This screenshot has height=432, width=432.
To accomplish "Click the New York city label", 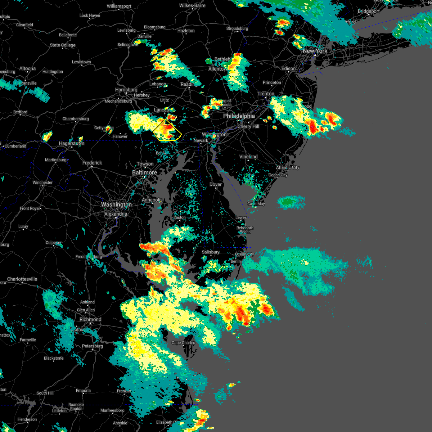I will pyautogui.click(x=315, y=51).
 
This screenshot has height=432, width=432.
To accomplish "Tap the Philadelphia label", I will pyautogui.click(x=239, y=116).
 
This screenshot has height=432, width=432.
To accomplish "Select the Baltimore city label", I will pyautogui.click(x=144, y=172).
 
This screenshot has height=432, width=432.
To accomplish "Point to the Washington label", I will pyautogui.click(x=116, y=204).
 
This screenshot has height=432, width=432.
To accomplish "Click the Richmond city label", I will pyautogui.click(x=90, y=319).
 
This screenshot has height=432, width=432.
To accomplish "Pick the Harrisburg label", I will pyautogui.click(x=126, y=90).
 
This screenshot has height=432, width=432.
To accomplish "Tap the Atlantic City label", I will pyautogui.click(x=288, y=167).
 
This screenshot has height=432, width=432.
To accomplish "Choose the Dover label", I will pyautogui.click(x=216, y=184).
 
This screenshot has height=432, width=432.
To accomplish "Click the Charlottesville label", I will pyautogui.click(x=22, y=279).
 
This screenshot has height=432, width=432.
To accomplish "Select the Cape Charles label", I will pyautogui.click(x=183, y=343).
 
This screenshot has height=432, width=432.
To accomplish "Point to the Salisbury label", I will pyautogui.click(x=211, y=252).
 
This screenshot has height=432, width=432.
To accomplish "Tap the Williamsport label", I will pyautogui.click(x=119, y=6).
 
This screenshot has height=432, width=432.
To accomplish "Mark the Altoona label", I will pyautogui.click(x=28, y=68).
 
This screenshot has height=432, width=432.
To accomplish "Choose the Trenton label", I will pyautogui.click(x=266, y=94).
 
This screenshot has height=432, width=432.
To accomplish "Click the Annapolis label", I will pyautogui.click(x=152, y=200).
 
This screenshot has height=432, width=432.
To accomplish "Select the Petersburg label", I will pyautogui.click(x=93, y=346).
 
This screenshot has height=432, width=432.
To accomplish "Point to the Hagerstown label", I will pyautogui.click(x=72, y=143).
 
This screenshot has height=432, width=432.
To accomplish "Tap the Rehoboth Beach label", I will pyautogui.click(x=245, y=230).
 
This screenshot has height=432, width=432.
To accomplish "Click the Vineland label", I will pyautogui.click(x=248, y=157).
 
